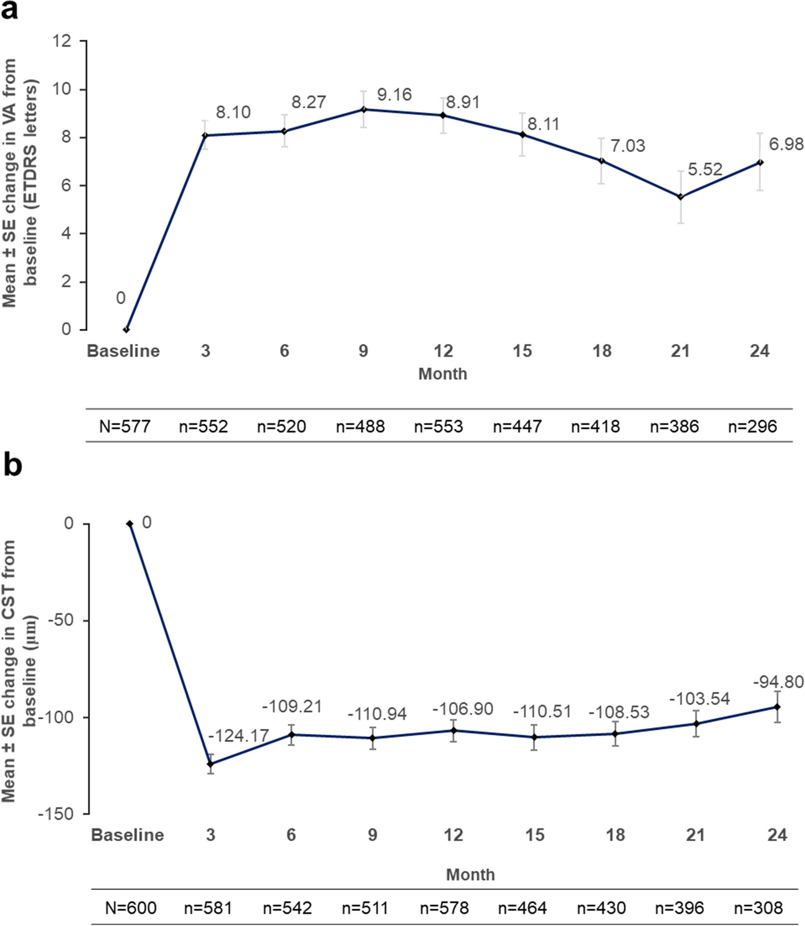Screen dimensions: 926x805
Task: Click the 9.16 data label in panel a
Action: [394, 95]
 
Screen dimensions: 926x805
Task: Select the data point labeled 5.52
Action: [680, 197]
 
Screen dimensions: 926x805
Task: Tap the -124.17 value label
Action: [238, 736]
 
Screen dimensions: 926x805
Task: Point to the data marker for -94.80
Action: [777, 707]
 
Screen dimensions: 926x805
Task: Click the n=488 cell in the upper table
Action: [360, 427]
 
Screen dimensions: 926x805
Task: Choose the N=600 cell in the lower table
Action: [131, 908]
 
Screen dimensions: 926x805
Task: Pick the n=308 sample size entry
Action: [758, 908]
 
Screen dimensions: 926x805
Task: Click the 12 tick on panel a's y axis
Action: [62, 41]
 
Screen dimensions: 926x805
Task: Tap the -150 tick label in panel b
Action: [55, 814]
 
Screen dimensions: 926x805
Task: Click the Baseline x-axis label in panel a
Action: [123, 351]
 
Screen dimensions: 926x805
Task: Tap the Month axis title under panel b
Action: [470, 874]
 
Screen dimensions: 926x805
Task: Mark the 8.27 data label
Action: [308, 102]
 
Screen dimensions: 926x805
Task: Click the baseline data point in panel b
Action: [130, 524]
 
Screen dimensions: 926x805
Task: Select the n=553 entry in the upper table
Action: [438, 427]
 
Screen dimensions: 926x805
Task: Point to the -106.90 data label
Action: [463, 709]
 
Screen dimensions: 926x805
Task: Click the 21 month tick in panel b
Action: [695, 835]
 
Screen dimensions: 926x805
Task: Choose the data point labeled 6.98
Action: [760, 163]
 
